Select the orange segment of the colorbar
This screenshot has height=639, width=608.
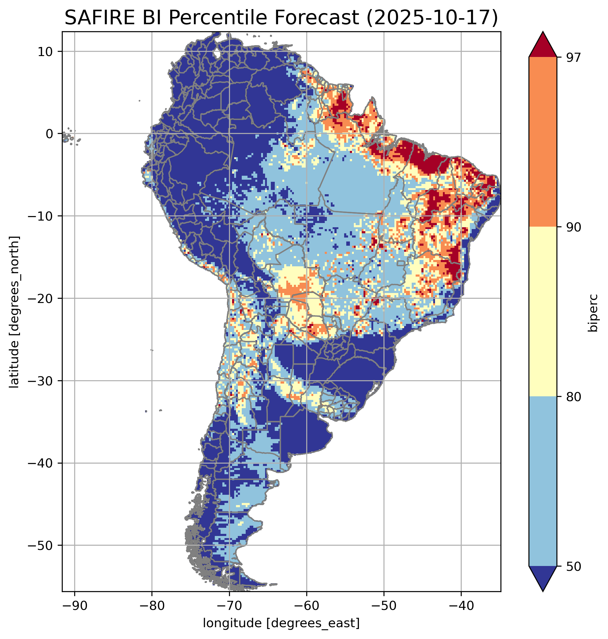coord(543,142)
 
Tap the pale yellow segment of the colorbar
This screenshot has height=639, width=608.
coord(543,311)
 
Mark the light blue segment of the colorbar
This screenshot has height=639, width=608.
coord(543,481)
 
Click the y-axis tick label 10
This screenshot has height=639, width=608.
coord(46,52)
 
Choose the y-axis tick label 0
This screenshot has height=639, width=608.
coord(49,134)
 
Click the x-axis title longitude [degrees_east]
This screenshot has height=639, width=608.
coord(281,623)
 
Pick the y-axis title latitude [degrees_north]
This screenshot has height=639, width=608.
coord(14,312)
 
